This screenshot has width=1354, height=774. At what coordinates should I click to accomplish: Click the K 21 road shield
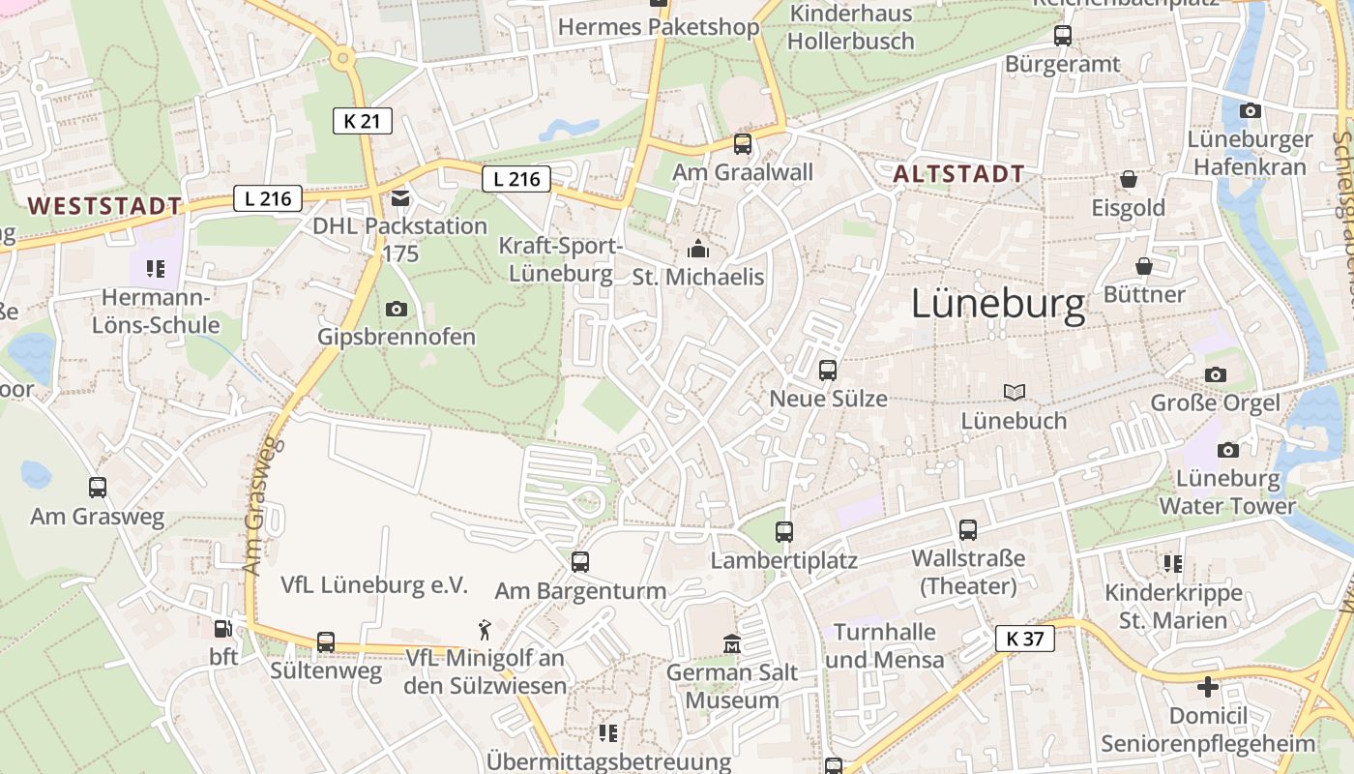coord(362,121)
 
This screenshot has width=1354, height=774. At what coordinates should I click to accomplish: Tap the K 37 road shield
coord(1024,639)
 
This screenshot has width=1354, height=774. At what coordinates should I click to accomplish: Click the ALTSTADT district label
coord(958,174)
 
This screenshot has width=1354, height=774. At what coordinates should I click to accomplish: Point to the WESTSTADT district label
coord(104,205)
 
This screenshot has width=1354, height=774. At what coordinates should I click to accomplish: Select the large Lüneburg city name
coord(998,305)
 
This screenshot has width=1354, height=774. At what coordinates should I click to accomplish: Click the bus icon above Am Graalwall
coord(742,144)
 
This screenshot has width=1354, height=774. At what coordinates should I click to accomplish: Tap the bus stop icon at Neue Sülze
coord(827,370)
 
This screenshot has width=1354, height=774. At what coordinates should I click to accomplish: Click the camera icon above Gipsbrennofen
coord(396,309)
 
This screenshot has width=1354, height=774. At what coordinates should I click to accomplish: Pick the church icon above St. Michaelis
coord(697,250)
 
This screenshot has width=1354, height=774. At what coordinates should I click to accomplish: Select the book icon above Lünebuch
coord(1014,392)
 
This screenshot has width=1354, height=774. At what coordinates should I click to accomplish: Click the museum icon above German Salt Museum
coord(731,643)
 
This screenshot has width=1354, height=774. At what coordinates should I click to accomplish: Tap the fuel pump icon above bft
coord(222,629)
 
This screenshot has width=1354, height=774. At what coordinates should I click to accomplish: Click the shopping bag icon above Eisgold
coord(1128,179)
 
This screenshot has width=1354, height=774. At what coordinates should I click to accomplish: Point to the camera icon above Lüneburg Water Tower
coord(1227,450)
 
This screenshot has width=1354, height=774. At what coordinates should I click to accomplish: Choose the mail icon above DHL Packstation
coord(399,198)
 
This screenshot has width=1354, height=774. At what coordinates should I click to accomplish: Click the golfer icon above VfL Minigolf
coord(485,631)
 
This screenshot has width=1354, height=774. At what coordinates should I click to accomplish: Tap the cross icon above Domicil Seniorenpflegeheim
coord(1207,687)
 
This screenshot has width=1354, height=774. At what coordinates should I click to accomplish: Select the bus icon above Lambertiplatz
coord(783,531)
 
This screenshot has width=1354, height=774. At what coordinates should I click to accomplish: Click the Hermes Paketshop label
coord(659,27)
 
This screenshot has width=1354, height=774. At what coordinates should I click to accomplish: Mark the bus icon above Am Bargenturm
coord(580,562)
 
